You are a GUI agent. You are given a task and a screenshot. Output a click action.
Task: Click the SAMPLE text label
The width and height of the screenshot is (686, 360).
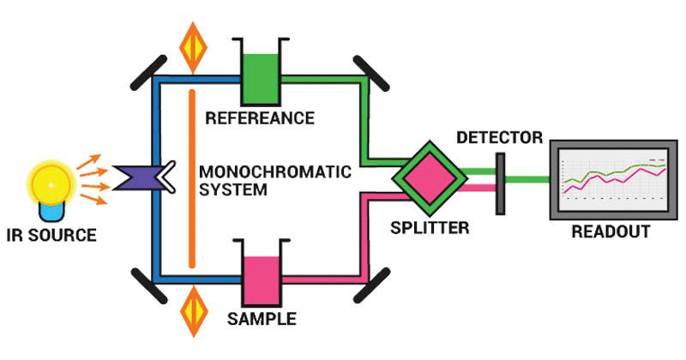262,320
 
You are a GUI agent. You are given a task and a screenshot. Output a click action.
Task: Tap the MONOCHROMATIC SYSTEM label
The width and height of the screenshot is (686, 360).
274,180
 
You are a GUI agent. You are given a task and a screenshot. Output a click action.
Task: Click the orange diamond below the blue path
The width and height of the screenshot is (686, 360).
193,313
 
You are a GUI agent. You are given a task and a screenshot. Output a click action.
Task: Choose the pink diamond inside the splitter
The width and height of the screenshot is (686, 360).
430,178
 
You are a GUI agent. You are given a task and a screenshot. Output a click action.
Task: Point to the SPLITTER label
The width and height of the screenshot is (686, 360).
429,228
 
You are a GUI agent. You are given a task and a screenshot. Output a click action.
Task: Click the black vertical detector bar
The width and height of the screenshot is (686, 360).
499,182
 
